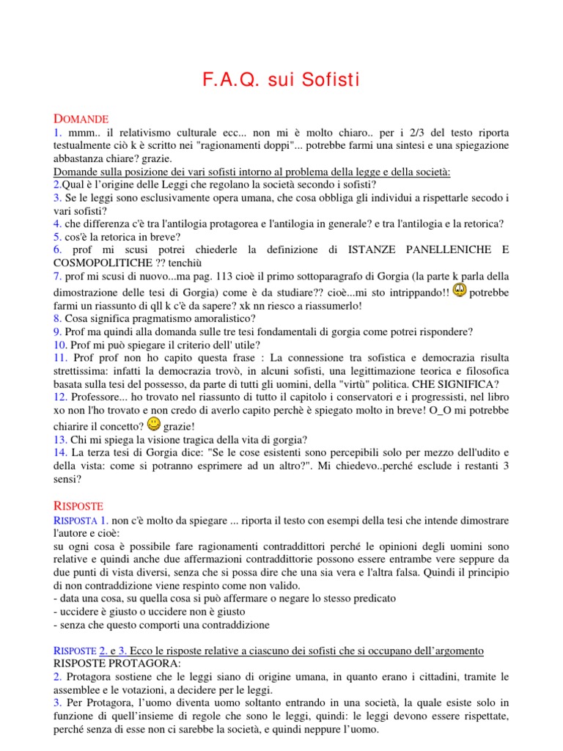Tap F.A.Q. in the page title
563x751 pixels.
(x=232, y=80)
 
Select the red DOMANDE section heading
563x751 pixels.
(x=81, y=119)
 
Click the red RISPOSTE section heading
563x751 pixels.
(x=80, y=506)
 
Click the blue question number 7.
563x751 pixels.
(x=56, y=276)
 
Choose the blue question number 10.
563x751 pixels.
(x=59, y=345)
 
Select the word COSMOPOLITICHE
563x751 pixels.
(x=100, y=263)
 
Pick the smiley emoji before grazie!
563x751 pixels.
(x=154, y=424)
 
